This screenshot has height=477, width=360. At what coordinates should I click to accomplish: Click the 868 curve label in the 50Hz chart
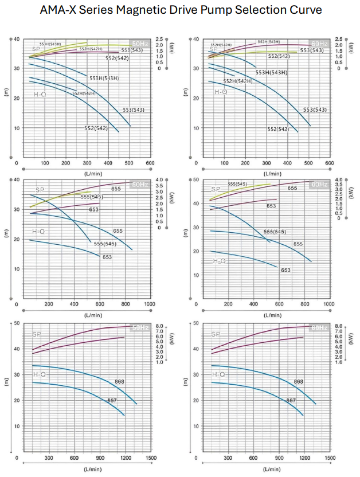coord(119,381)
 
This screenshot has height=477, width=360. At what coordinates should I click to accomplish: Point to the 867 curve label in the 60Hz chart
coord(291,401)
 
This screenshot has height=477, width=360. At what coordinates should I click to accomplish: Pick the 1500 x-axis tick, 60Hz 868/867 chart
coord(330,458)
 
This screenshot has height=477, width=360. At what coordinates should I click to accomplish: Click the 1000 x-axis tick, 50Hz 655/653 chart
coord(150,304)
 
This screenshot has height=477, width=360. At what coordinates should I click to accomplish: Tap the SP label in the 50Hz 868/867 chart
coord(37,334)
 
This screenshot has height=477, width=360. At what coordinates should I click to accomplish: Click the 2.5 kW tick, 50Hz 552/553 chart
coord(161,38)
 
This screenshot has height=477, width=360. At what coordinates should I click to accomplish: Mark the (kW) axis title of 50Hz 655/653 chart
coord(171,198)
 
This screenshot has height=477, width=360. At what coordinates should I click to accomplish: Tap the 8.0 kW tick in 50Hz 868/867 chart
coord(161,326)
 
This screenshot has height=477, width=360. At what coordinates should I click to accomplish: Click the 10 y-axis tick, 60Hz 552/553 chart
coord(197,127)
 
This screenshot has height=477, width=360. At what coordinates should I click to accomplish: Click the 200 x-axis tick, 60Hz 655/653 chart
coord(228,304)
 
